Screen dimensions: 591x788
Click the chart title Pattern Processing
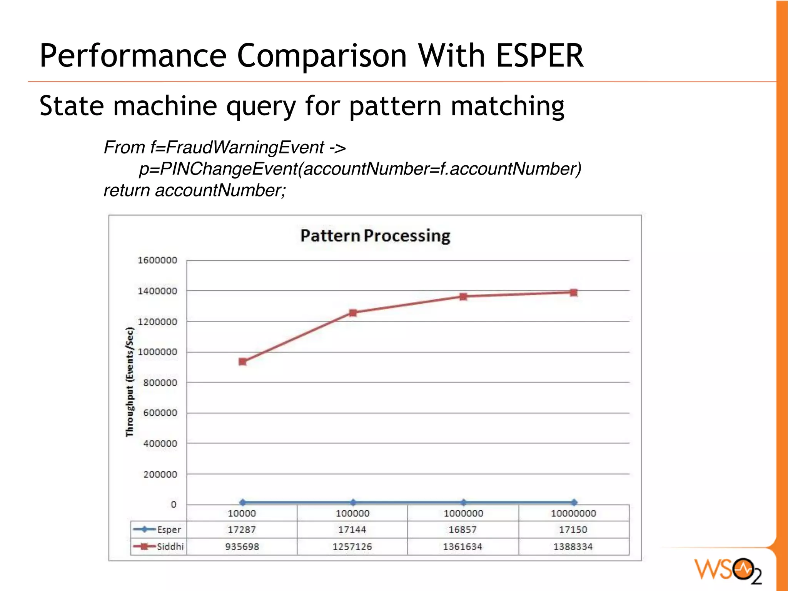coord(375,236)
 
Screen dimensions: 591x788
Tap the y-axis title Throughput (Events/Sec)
coord(130,382)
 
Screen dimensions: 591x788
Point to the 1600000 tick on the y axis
coord(157,260)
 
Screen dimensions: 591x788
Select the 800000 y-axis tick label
coord(160,383)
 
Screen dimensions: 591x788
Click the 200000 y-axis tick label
coord(160,474)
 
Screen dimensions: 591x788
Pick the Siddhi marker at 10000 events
coord(242,361)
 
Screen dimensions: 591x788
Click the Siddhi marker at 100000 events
coord(353,313)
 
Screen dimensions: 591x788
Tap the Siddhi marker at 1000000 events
coord(463,296)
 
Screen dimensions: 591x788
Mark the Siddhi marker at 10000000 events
coord(574,293)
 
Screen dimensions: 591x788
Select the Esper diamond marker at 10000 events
coord(242,502)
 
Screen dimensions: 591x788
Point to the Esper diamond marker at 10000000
coord(574,502)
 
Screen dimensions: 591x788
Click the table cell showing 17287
coord(242,529)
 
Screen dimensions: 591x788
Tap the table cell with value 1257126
coord(352,546)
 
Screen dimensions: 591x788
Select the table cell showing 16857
coord(462,529)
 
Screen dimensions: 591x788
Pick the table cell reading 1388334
coord(573,546)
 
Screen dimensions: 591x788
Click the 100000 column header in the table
coord(352,513)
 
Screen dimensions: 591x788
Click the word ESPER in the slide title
coord(540,56)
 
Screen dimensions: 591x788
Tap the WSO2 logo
coord(728,570)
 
